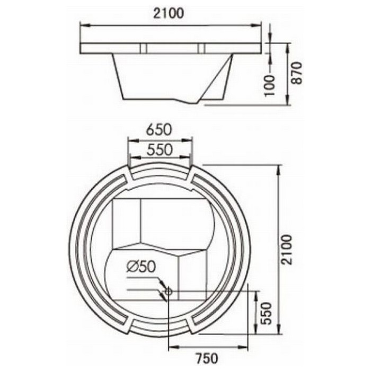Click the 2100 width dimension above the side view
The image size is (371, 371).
[x=168, y=13]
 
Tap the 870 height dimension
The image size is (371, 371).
[x=296, y=73]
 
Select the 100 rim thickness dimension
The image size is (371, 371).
[x=269, y=85]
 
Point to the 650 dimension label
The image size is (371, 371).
[x=158, y=130]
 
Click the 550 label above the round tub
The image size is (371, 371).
[x=159, y=150]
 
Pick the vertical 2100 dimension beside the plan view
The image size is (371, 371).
[x=287, y=250]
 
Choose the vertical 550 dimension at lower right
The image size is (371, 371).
[x=265, y=313]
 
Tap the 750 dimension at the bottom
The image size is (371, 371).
[x=207, y=358]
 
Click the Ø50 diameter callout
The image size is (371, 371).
[x=141, y=267]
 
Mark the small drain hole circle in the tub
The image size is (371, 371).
[x=169, y=291]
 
